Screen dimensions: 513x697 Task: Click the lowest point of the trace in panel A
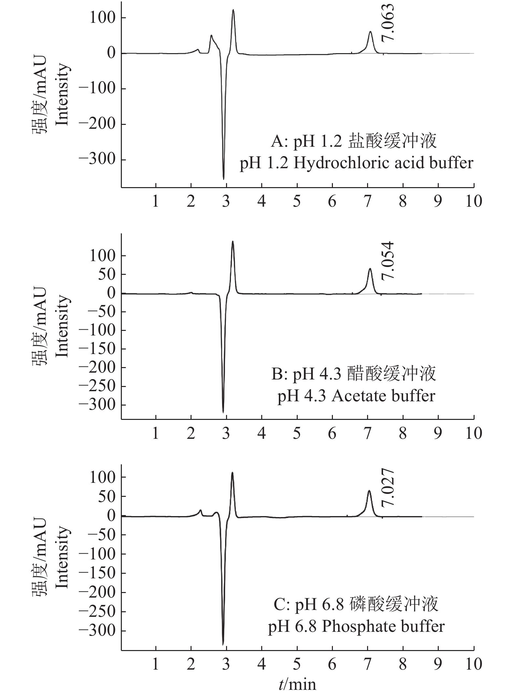click(223, 179)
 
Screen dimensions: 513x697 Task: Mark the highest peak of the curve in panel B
click(233, 241)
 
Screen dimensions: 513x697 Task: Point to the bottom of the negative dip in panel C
click(223, 644)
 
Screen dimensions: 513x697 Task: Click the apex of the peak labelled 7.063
click(370, 32)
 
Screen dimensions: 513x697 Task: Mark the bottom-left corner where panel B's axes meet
click(121, 419)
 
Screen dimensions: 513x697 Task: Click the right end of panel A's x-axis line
click(474, 187)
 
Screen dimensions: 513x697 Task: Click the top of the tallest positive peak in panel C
click(232, 472)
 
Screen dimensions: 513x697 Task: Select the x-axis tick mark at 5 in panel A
click(297, 185)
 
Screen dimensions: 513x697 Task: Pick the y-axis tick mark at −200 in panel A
click(123, 124)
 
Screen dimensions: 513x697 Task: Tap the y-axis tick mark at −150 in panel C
click(123, 573)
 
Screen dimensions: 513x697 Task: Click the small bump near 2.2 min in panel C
click(201, 510)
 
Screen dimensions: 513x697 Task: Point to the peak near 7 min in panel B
click(370, 269)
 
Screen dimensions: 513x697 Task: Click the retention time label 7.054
click(388, 261)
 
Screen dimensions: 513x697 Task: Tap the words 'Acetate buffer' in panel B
click(383, 396)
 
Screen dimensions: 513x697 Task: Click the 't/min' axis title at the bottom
click(297, 683)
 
